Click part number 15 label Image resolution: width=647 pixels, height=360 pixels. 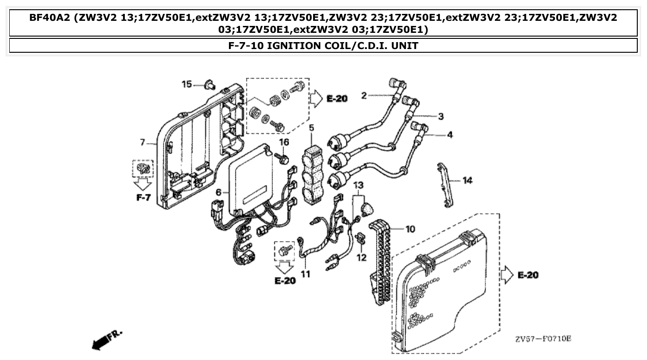point(186,84)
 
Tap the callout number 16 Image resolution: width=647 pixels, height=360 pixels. point(284,142)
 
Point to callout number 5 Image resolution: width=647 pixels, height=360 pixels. point(311,127)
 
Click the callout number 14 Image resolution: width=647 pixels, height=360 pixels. point(467,180)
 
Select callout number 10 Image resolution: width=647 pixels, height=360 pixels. point(410,229)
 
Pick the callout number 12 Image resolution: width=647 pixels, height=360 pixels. point(361,257)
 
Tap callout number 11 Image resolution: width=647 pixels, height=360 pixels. point(305,274)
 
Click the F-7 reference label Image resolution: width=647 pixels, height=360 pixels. point(143,198)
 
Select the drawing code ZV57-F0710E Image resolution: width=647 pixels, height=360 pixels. point(543,339)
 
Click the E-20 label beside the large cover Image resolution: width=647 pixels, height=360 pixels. point(527,275)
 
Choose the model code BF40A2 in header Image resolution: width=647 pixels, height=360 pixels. point(50,18)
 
